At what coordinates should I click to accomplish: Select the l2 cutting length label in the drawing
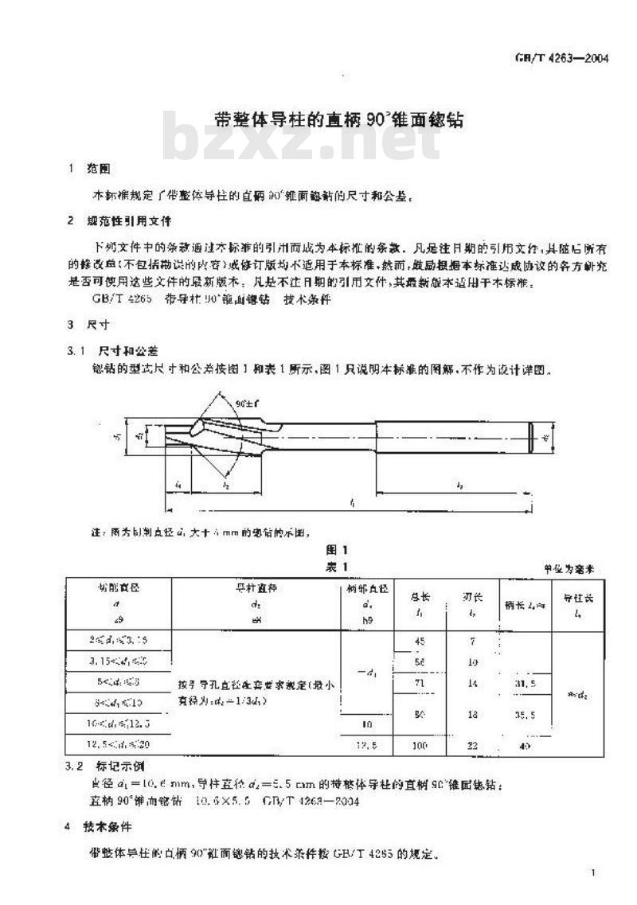(x=226, y=484)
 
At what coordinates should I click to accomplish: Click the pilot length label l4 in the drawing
(x=178, y=484)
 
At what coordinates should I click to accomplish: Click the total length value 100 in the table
(x=420, y=746)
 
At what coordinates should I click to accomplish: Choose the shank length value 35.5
(x=524, y=715)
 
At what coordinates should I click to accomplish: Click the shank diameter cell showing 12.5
(x=365, y=746)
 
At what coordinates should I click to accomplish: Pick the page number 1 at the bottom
(x=593, y=874)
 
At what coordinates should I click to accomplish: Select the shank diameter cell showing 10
(x=365, y=725)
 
